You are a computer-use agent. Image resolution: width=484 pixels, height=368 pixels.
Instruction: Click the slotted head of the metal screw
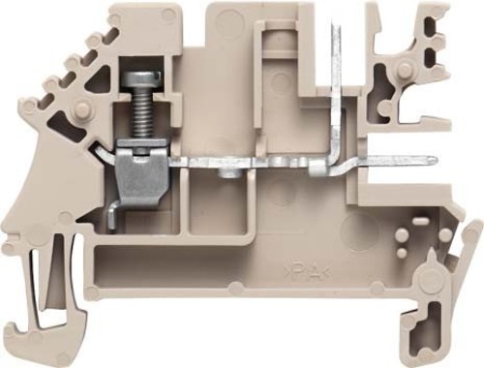141,78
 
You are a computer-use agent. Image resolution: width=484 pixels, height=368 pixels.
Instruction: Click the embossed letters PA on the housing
307,273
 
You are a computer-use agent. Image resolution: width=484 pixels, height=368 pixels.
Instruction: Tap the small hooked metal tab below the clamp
112,218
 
